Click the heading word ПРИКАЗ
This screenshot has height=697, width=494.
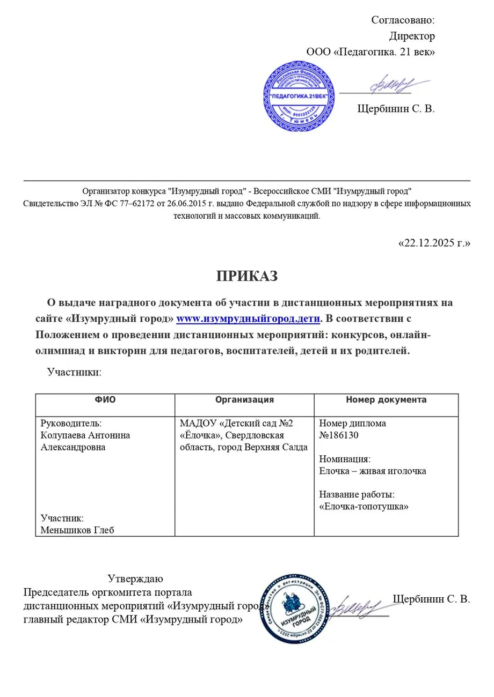click(x=247, y=276)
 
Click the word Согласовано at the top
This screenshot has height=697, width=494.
click(x=402, y=20)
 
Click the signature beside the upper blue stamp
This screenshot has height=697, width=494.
click(x=389, y=86)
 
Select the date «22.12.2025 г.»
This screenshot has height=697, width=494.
click(x=434, y=243)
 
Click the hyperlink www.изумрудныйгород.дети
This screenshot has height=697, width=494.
click(x=248, y=318)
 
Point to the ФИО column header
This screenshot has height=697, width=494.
click(x=105, y=399)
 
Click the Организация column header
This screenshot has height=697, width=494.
click(x=244, y=399)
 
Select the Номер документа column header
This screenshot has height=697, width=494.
click(x=386, y=399)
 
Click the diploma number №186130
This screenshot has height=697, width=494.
click(x=338, y=435)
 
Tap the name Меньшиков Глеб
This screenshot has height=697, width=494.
click(x=78, y=530)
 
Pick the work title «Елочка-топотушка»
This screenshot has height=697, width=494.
click(x=364, y=506)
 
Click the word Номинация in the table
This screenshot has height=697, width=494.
click(x=344, y=459)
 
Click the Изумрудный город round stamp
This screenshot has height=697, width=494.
click(x=293, y=609)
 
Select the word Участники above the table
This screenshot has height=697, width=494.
click(x=74, y=371)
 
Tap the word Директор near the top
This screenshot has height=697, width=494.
click(x=412, y=36)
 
